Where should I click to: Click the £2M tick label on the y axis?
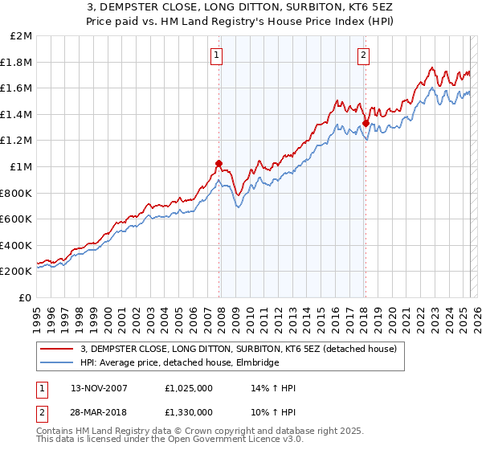click(x=22, y=36)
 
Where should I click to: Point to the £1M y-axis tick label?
click(x=22, y=167)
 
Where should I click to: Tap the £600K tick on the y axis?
click(x=18, y=219)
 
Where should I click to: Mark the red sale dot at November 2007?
click(x=219, y=163)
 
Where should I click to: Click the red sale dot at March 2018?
click(x=366, y=124)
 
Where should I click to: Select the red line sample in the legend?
click(x=57, y=350)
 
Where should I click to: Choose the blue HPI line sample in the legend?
click(x=57, y=363)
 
